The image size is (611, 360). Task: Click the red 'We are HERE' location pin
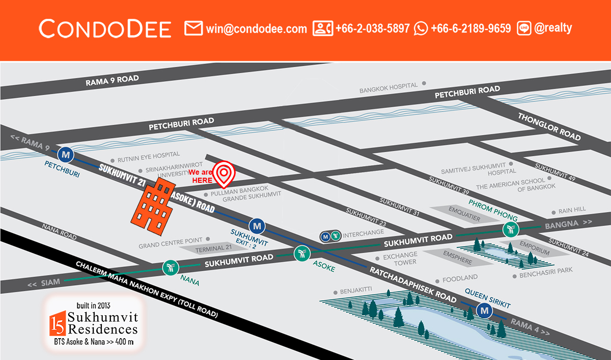[223, 173]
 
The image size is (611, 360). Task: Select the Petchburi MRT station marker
[65, 153]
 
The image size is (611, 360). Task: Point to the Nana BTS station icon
[170, 268]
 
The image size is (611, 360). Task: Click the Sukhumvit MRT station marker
[257, 225]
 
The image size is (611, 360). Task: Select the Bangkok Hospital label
[388, 88]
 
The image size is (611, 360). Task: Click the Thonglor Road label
[549, 126]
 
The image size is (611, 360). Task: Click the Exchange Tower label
[400, 258]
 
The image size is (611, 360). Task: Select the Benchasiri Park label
[546, 275]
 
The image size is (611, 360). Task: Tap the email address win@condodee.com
[256, 29]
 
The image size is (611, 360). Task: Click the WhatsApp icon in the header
[421, 29]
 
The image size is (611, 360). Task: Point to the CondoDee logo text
[105, 29]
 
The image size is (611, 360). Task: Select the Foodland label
[460, 278]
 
